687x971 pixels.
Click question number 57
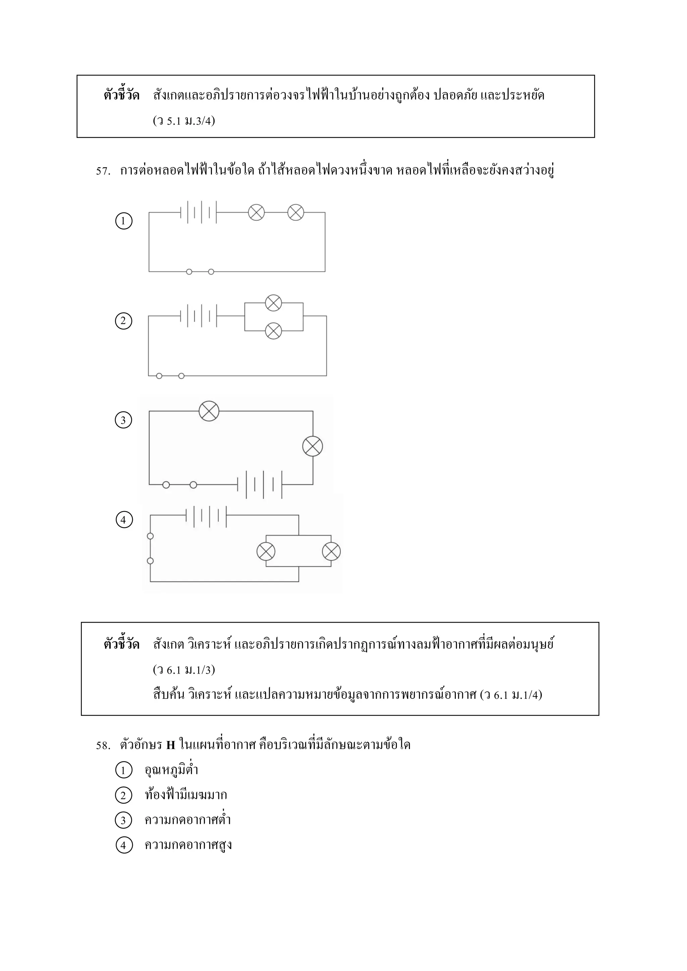coord(103,171)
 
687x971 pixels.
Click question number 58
coord(103,745)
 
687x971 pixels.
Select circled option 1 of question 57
coord(123,221)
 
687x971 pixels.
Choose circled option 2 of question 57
coord(123,321)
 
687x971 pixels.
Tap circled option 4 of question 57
coord(124,519)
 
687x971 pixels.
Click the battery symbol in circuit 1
coord(198,212)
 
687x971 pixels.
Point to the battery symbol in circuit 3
coord(259,484)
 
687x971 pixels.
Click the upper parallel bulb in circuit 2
coord(273,303)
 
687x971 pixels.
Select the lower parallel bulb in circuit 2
coord(273,331)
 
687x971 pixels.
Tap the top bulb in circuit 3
coord(209,411)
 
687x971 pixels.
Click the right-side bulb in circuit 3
coord(313,446)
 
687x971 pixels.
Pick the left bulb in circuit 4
coord(266,552)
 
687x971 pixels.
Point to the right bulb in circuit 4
coord(331,552)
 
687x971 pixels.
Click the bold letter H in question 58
coord(171,745)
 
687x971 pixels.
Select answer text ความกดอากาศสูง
coord(188,845)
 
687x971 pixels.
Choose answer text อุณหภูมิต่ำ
coord(171,770)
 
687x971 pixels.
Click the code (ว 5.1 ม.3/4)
coord(184,121)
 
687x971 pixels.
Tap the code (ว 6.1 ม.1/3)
coord(184,670)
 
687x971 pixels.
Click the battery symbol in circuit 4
coord(206,516)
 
